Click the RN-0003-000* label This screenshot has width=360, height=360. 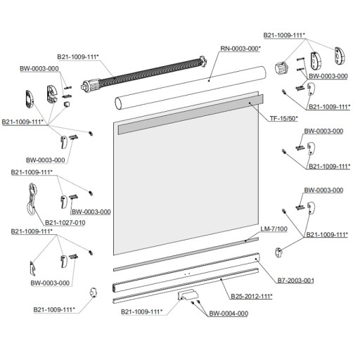240,49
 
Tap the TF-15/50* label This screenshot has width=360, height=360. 283,119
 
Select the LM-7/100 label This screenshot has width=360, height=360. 274,229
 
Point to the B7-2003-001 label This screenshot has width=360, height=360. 296,281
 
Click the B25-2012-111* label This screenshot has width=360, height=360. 252,296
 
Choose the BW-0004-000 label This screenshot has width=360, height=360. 229,314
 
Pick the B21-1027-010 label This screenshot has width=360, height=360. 65,223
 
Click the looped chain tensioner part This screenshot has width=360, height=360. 32,199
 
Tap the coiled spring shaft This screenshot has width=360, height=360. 143,72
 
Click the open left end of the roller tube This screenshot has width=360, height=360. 119,104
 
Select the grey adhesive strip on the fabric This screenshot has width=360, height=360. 191,115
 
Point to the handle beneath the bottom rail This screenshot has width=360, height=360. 188,295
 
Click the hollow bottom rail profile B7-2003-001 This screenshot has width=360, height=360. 186,272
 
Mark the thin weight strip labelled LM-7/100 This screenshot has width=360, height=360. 186,255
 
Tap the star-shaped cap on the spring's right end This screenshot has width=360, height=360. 202,61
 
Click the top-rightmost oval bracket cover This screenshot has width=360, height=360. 340,56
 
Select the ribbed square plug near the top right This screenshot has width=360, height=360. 281,67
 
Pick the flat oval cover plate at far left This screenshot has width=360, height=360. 30,99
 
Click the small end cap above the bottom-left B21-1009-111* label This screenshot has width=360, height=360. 94,292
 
